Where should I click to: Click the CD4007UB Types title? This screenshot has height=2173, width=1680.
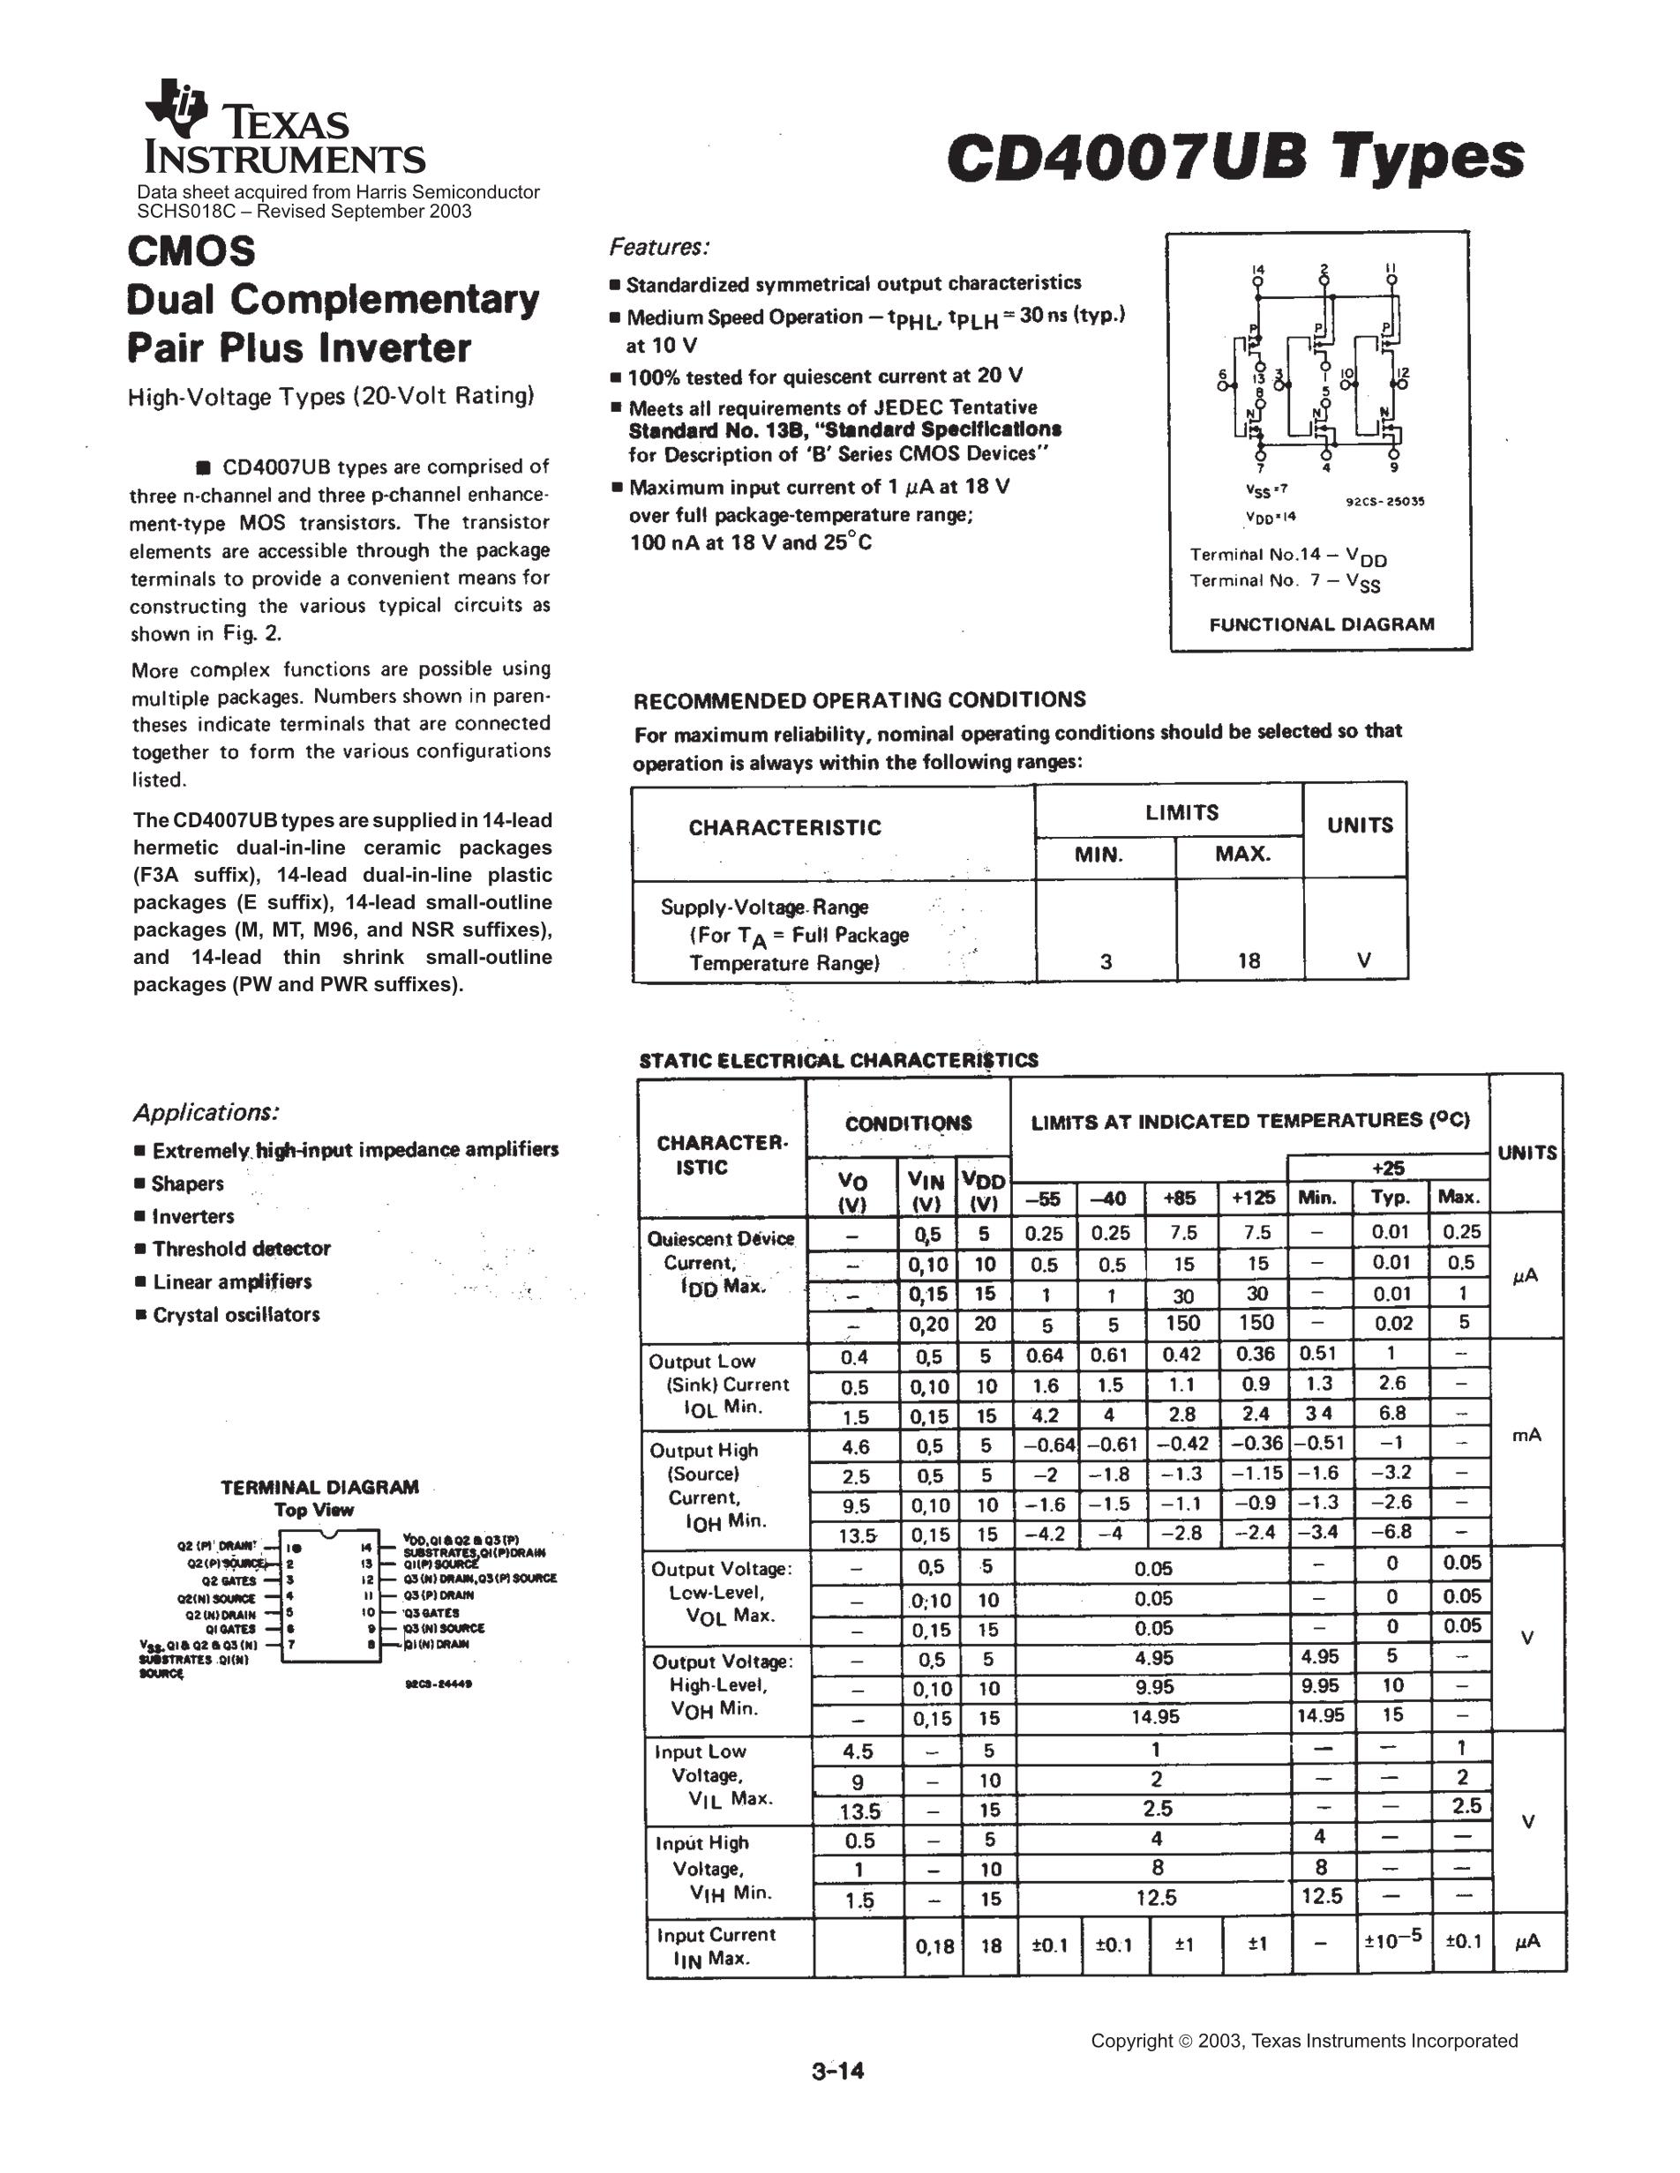1235,156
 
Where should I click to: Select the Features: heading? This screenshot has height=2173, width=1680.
659,247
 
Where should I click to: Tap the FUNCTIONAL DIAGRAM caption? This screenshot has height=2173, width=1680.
1322,625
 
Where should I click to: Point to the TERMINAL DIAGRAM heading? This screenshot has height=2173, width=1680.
319,1488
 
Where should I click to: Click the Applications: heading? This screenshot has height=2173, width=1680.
206,1112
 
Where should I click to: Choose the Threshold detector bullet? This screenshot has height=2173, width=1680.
241,1249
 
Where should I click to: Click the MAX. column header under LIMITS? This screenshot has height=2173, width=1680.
1242,854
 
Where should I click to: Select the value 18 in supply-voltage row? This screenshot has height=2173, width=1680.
1249,960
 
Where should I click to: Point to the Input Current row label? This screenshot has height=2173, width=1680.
716,1946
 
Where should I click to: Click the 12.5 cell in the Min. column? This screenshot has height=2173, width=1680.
1322,1896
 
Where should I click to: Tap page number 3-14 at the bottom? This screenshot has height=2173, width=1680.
838,2072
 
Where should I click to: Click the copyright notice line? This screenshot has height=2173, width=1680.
1304,2041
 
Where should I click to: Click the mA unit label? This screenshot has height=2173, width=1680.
1526,1435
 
